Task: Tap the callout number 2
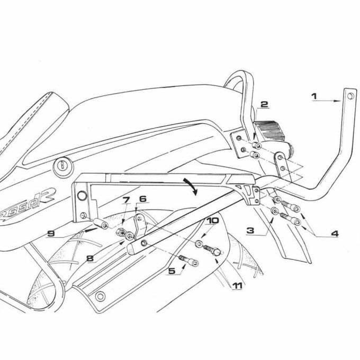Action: (265, 105)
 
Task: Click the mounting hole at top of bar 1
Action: (349, 96)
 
